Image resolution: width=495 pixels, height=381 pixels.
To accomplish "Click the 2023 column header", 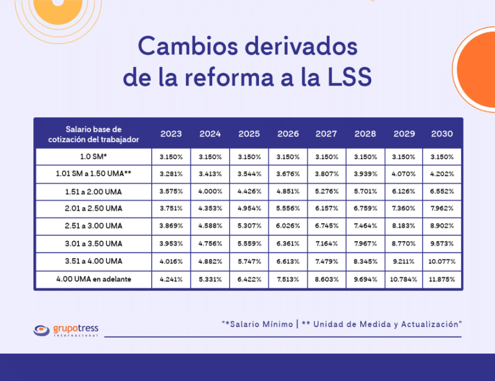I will click(x=171, y=134).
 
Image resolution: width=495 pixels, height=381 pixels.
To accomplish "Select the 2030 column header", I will click(x=442, y=134).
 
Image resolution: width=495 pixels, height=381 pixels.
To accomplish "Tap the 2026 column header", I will click(x=288, y=134).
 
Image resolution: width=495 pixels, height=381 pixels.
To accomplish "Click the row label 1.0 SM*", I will click(x=94, y=157).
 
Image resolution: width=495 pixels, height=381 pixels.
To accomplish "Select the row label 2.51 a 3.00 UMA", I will click(x=94, y=226).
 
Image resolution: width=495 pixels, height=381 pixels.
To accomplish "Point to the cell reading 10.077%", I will click(x=442, y=261).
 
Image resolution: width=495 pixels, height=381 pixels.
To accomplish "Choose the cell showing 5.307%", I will click(x=249, y=226).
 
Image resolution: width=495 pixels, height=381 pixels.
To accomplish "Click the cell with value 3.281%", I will click(x=171, y=174).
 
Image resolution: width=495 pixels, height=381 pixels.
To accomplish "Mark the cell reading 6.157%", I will click(x=326, y=208).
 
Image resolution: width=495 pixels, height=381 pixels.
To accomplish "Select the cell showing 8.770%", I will click(x=404, y=244).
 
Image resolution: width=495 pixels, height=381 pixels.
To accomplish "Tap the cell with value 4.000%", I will click(x=210, y=192).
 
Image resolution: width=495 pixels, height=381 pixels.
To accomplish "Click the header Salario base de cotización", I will click(x=94, y=134).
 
